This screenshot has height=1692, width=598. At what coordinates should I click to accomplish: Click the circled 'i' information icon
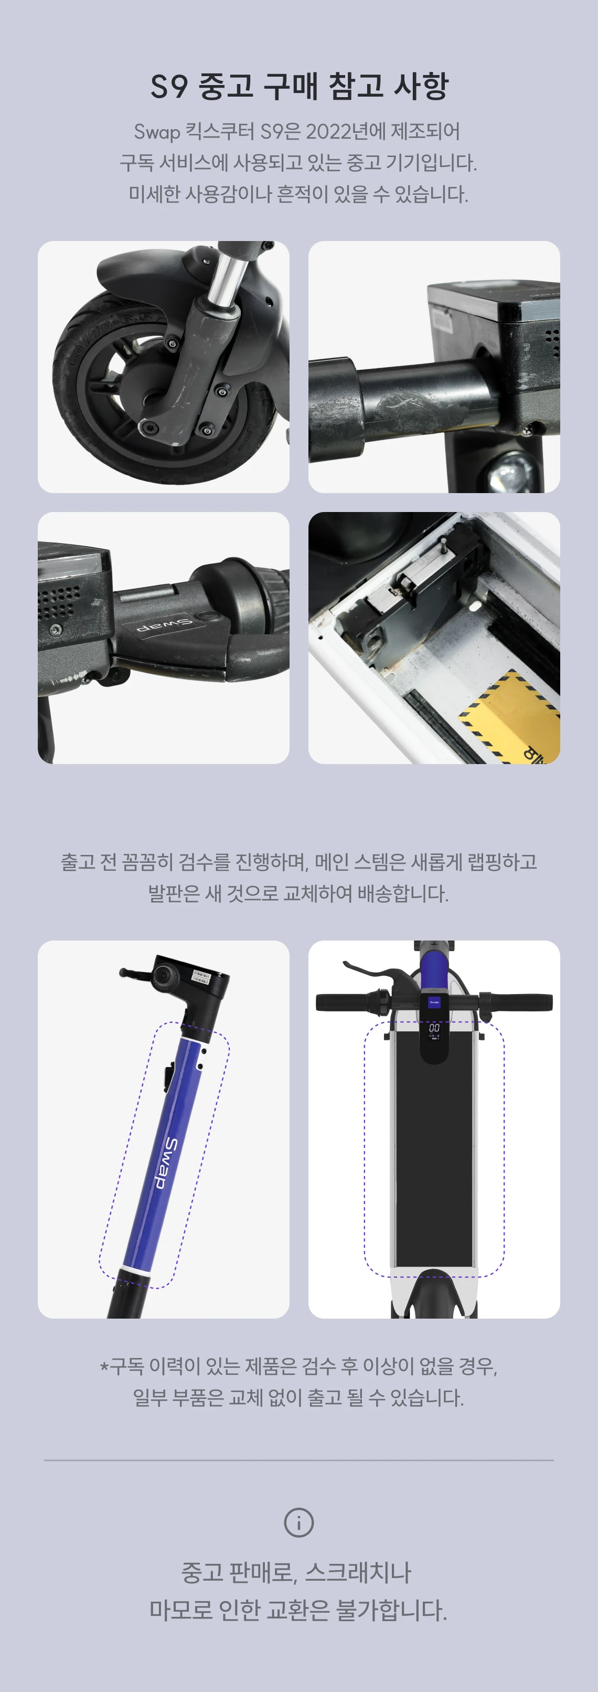click(x=298, y=1522)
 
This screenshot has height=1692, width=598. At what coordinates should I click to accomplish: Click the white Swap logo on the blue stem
click(x=169, y=1163)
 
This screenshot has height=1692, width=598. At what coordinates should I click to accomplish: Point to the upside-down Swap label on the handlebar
click(x=164, y=624)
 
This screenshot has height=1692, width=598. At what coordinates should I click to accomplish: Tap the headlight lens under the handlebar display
click(x=508, y=471)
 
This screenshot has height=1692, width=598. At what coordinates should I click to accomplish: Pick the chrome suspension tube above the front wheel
click(x=224, y=279)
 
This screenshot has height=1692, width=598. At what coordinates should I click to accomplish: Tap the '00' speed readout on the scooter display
click(x=434, y=1027)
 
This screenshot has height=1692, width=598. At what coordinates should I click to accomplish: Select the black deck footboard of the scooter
click(x=433, y=1156)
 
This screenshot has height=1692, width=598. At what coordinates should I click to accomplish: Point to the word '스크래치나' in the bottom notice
click(x=358, y=1572)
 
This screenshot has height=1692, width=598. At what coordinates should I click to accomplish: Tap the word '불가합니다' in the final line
click(x=391, y=1610)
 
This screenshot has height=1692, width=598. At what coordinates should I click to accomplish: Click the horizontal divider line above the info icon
click(x=298, y=1460)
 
